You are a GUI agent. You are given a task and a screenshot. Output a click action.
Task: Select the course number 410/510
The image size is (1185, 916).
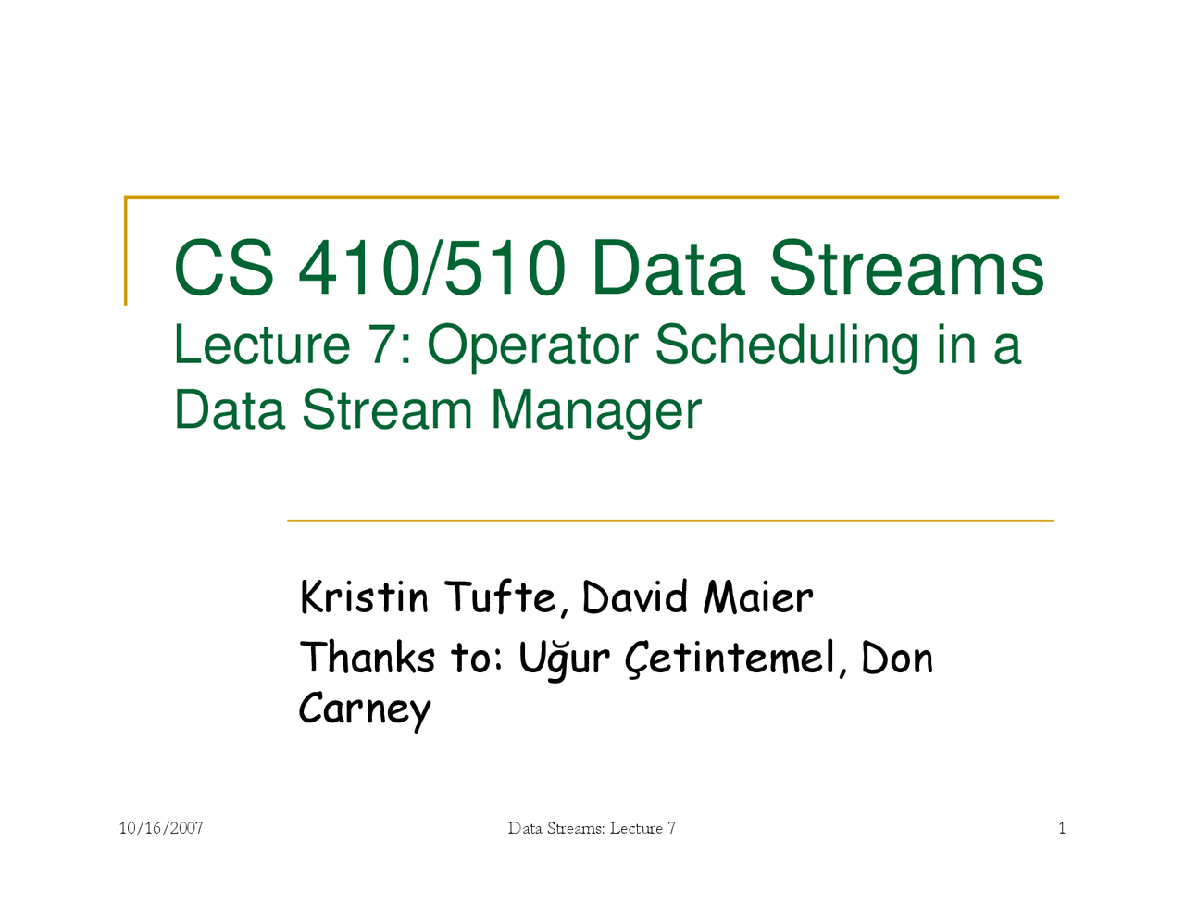point(431,270)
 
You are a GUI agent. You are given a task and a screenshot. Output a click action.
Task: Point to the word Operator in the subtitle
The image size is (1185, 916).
point(532,345)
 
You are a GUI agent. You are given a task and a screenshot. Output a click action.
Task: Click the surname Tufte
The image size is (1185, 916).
point(502,597)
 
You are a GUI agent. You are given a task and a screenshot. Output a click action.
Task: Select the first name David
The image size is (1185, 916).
point(635,597)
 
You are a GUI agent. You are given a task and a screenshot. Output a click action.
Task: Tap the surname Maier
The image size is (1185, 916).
point(758,597)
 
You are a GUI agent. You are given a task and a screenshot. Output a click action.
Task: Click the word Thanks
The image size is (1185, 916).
point(367,658)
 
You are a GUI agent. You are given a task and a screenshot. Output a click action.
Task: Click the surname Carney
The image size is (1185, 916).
point(364,709)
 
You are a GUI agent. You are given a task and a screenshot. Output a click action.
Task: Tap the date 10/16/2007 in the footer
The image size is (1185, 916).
point(161,828)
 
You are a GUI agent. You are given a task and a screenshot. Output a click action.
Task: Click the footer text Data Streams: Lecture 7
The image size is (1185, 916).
point(592,828)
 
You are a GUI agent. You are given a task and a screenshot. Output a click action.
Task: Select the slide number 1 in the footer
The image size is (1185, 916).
point(1062,828)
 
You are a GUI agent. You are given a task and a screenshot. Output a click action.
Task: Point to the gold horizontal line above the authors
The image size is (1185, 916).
point(670,521)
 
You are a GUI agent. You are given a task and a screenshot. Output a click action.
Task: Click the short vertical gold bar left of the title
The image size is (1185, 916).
point(126,251)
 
